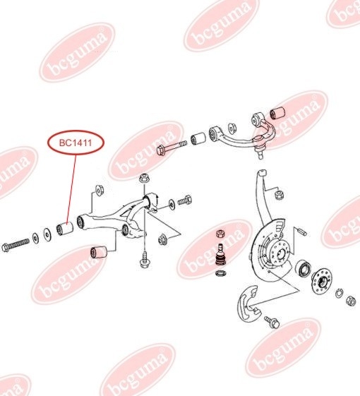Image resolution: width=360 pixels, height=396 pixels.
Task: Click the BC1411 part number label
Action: click(76, 143)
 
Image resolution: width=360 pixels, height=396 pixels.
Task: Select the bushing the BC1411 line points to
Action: click(64, 229)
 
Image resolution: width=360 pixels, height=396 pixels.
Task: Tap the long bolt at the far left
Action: click(15, 245)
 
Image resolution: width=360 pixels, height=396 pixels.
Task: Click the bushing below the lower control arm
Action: click(99, 252)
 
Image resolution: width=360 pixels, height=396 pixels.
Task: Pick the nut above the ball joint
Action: click(221, 234)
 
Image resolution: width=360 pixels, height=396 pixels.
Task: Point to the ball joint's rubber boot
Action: click(221, 260)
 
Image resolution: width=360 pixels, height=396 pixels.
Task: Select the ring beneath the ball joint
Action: click(220, 272)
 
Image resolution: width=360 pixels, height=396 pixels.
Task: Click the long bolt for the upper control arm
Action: click(172, 148)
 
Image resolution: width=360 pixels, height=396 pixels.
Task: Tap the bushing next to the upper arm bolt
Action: click(198, 138)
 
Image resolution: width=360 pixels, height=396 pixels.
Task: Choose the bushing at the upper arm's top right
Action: click(277, 113)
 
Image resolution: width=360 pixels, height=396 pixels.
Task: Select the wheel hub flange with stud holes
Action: click(321, 282)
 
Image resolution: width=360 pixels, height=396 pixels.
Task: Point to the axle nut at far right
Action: click(350, 300)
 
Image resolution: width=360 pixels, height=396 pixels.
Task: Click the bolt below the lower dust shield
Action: click(272, 322)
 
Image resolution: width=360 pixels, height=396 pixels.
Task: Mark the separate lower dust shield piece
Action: click(248, 303)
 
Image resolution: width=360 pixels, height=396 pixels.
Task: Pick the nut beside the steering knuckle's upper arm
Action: click(279, 194)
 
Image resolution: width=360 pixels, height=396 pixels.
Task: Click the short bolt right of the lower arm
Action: click(185, 200)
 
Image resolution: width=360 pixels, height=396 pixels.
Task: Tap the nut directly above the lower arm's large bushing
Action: click(145, 178)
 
